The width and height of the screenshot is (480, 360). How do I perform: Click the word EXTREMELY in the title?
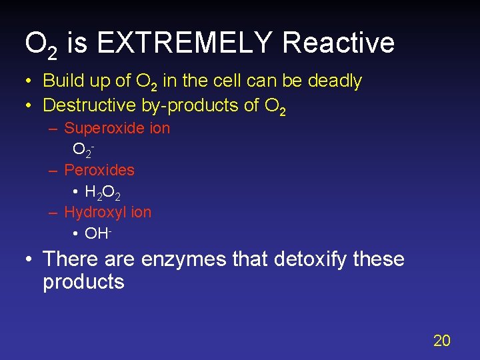coord(184,43)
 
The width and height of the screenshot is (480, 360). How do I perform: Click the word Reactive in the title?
coord(339,43)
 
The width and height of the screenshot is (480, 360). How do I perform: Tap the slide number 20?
coord(441,341)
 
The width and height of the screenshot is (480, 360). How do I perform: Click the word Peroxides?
coord(99,170)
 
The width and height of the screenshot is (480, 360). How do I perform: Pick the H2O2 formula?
coord(103,193)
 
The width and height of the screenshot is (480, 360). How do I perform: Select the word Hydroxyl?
coord(94,212)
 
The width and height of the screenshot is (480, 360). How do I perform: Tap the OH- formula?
coord(97,234)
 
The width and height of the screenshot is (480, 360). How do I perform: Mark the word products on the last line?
coord(83,282)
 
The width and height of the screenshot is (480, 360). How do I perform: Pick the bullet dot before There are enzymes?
coord(29,259)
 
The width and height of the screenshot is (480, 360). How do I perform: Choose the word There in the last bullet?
coord(69,259)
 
